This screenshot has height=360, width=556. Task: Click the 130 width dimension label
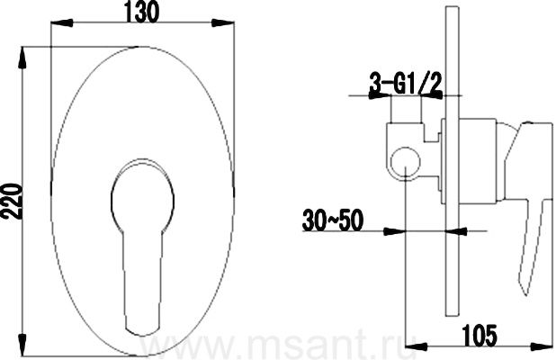(141, 13)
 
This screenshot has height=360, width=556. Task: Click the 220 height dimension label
(12, 202)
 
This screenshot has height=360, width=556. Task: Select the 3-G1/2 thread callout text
(406, 84)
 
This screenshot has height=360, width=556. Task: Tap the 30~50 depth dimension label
(333, 220)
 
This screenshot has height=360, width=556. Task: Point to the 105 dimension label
(480, 336)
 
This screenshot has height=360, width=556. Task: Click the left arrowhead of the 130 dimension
(62, 23)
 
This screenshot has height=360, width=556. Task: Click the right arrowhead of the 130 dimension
(223, 23)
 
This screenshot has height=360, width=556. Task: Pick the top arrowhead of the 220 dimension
(22, 58)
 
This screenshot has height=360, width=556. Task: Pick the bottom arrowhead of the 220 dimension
(22, 345)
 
